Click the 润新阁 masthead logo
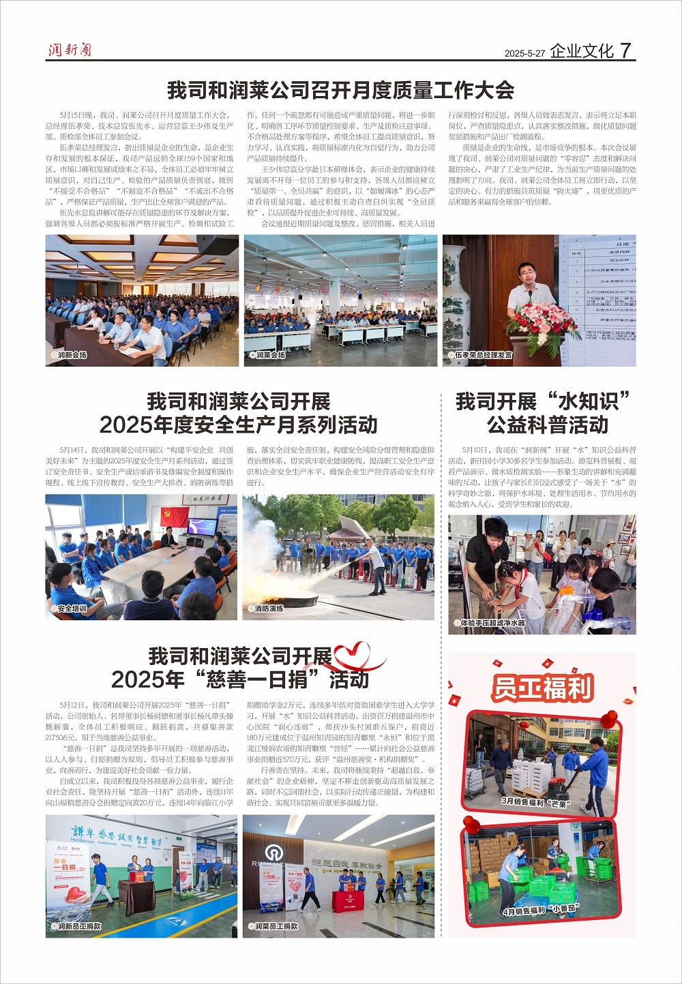point(69,50)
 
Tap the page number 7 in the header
point(626,50)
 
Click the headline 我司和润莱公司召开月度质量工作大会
point(340,90)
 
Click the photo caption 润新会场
point(70,355)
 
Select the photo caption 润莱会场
point(269,355)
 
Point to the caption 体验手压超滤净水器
point(490,623)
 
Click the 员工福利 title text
point(542,688)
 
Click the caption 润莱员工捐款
point(275,926)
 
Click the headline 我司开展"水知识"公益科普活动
point(542,413)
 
